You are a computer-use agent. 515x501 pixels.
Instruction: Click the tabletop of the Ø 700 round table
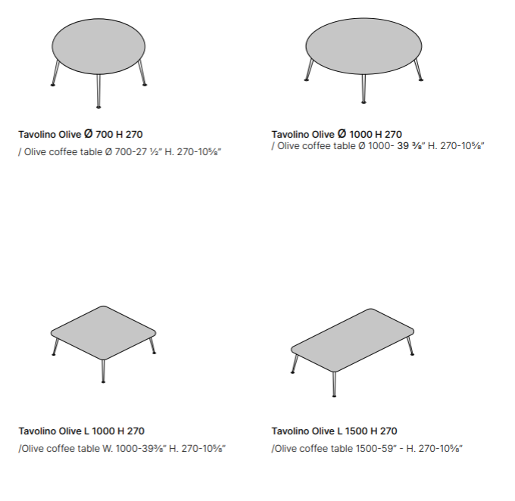pos(98,46)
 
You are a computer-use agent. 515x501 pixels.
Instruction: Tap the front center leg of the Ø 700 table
pos(98,91)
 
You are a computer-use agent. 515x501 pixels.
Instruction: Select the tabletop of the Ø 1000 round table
pos(364,46)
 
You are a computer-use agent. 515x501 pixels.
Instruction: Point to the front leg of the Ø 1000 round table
pos(364,89)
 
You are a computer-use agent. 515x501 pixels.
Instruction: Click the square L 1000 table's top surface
pos(104,333)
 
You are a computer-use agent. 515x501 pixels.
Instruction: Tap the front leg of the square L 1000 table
pos(104,372)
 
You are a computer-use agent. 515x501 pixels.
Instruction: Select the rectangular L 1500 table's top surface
pos(352,340)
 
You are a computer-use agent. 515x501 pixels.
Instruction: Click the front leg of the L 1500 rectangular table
pos(334,384)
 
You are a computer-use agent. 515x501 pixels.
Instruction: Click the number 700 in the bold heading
pos(104,134)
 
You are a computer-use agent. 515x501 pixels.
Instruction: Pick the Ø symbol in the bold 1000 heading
pos(342,134)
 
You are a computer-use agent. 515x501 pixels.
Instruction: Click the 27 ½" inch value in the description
pos(145,152)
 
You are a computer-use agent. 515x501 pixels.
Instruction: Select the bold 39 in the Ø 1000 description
pos(403,146)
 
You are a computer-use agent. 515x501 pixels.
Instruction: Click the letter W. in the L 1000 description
pos(108,449)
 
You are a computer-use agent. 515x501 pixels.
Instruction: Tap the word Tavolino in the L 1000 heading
pos(36,431)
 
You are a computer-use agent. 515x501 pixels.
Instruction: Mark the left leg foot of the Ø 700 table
pos(52,85)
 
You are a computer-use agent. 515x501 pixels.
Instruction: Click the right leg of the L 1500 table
pos(410,346)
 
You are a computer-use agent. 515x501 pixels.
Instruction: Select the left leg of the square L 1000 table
pos(55,347)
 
